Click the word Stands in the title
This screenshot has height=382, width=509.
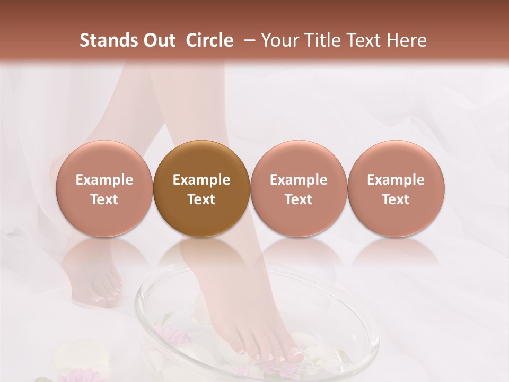108,40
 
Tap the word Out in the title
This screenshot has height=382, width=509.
159,40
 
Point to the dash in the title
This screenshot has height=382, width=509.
247,40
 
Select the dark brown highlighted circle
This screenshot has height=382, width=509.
201,188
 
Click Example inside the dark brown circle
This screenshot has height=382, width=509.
201,180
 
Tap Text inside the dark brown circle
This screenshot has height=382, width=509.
201,199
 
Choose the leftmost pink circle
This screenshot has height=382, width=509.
104,188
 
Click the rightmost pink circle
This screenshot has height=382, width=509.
396,188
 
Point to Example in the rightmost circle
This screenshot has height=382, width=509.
396,180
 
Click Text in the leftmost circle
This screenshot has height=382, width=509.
104,199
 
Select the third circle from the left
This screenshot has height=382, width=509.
299,188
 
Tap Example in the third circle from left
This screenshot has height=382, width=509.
299,180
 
